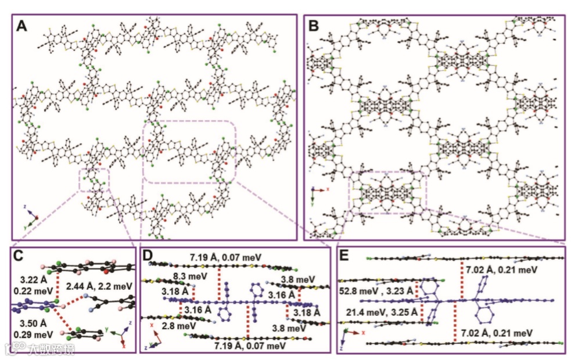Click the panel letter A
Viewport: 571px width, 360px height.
[x=23, y=26]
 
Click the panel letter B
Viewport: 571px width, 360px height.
[x=314, y=26]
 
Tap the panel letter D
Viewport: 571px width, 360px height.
[x=149, y=256]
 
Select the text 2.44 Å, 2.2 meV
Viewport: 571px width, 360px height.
[x=99, y=286]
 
